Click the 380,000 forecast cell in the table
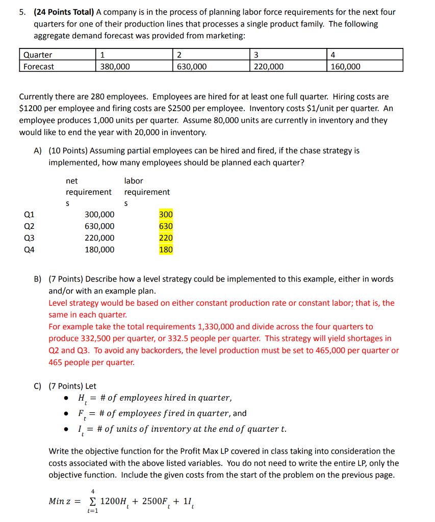[115, 67]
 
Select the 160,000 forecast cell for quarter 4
[345, 67]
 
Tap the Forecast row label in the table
[38, 67]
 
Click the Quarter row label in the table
[37, 55]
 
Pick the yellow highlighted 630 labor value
[166, 226]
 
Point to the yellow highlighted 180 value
[166, 250]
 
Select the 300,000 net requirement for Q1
[99, 215]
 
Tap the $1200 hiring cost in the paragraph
[29, 108]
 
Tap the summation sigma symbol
[92, 501]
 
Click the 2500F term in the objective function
[151, 501]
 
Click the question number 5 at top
[22, 12]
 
